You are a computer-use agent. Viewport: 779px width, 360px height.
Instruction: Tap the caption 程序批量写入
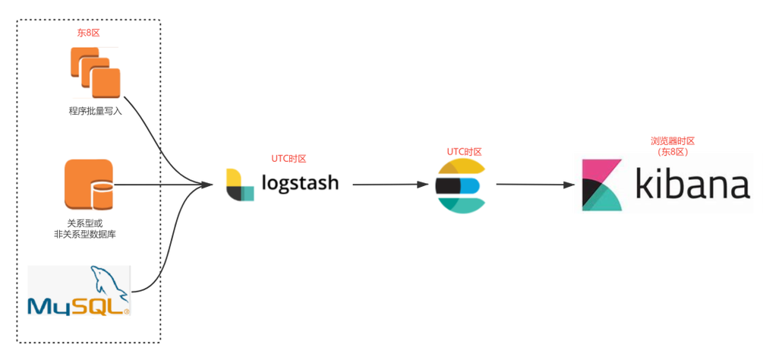(x=96, y=111)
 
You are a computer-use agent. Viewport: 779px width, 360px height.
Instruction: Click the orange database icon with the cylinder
(x=89, y=185)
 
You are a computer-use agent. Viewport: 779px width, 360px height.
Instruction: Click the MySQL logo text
(x=78, y=306)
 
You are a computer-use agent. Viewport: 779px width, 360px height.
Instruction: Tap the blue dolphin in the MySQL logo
(x=107, y=283)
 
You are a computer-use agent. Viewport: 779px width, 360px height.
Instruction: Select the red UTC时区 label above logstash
(x=289, y=159)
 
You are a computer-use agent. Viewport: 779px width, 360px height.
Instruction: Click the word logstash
(x=300, y=182)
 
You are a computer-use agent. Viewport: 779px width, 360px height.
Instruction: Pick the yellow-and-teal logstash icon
(x=240, y=185)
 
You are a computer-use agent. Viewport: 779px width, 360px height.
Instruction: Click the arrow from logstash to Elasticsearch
(x=390, y=185)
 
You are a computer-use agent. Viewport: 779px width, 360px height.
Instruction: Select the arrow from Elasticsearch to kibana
(x=535, y=185)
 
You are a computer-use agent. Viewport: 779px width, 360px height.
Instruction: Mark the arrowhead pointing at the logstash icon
(x=208, y=185)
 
